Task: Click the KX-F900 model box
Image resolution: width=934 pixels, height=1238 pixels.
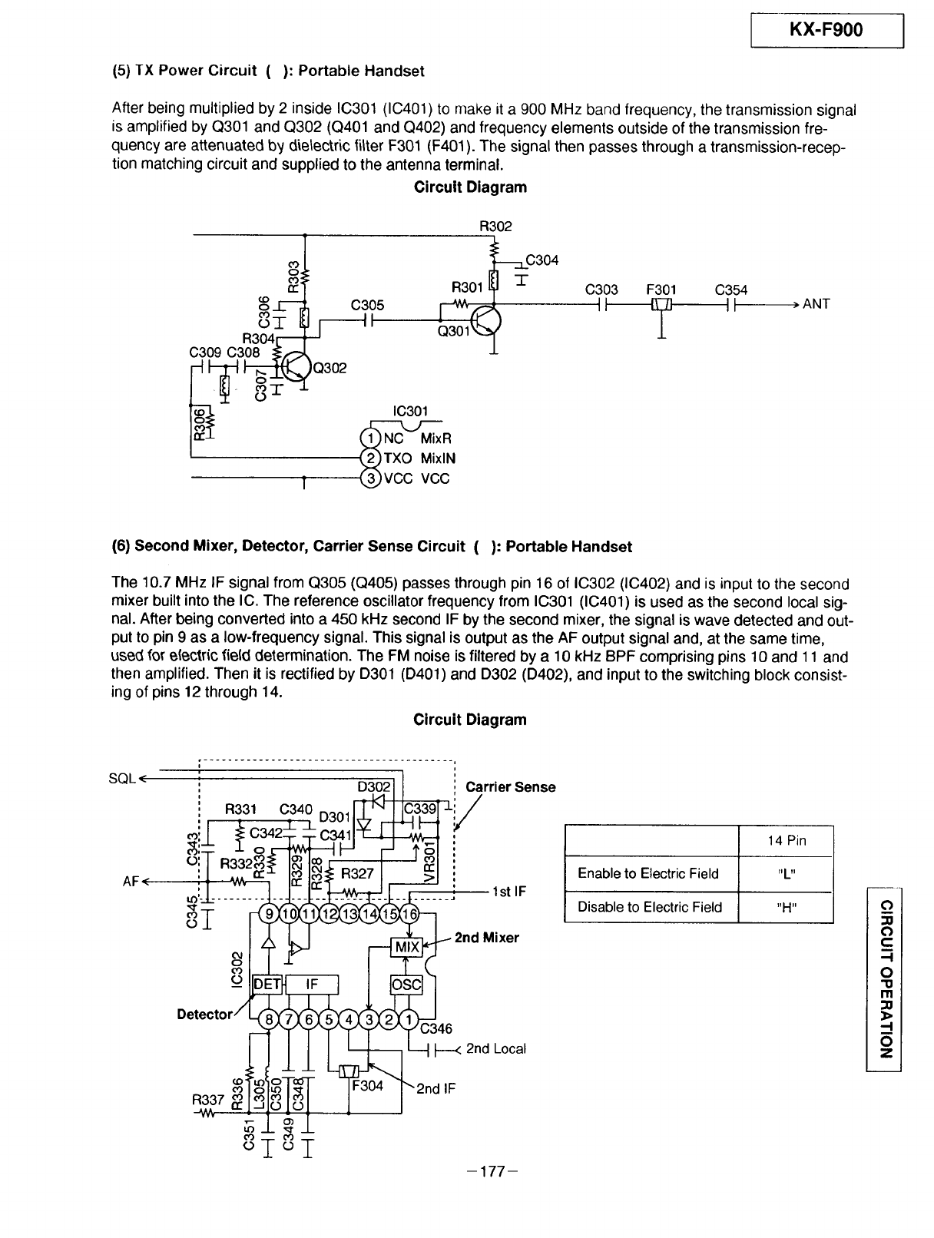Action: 826,31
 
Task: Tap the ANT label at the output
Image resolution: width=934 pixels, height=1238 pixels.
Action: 816,304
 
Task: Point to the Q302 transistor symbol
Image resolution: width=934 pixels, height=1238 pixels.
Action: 296,366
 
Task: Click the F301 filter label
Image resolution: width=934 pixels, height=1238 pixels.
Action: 661,290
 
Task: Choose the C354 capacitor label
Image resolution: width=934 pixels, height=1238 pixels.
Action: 731,290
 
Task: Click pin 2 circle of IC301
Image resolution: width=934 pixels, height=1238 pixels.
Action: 370,458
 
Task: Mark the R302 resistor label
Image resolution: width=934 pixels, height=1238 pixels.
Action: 495,226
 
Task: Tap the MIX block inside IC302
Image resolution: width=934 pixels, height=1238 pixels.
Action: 406,947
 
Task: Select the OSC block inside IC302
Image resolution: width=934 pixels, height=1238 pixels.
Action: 406,985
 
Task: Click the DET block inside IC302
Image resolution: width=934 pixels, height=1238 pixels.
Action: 267,985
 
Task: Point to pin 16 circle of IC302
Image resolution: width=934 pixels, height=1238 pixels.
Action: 409,914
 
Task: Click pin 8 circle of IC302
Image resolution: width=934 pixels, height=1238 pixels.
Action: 269,1019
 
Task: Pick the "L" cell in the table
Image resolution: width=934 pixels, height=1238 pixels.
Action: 786,874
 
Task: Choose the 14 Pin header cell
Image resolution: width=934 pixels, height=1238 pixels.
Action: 786,841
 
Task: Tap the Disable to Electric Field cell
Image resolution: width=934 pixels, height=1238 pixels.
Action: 651,907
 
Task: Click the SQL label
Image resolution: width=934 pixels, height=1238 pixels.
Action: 122,779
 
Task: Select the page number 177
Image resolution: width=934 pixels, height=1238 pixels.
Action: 492,1171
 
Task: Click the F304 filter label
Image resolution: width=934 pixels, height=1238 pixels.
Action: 367,1086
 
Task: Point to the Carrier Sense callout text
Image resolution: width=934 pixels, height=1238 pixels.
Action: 511,787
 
